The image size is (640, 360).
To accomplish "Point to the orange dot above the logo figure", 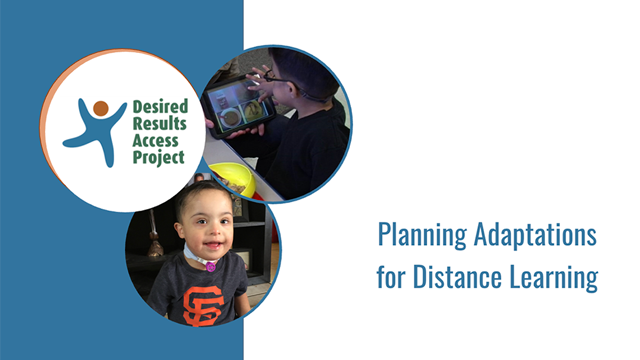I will (100, 107).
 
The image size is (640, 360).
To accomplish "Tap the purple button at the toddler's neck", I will (211, 265).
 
